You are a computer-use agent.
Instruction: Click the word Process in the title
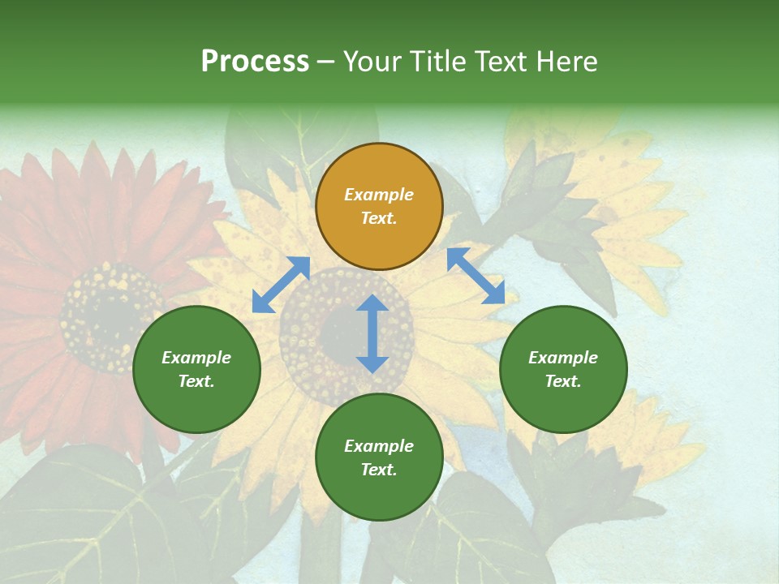tap(255, 62)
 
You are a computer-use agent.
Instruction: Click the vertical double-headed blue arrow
tap(372, 333)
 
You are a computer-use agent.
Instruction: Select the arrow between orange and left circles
tap(281, 285)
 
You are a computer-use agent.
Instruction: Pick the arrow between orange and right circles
tap(476, 276)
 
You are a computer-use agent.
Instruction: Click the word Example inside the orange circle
tap(379, 195)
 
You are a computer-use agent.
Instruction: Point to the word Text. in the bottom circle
tap(379, 470)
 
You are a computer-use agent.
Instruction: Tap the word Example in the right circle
tap(563, 358)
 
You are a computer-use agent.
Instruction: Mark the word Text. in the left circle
tap(196, 381)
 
